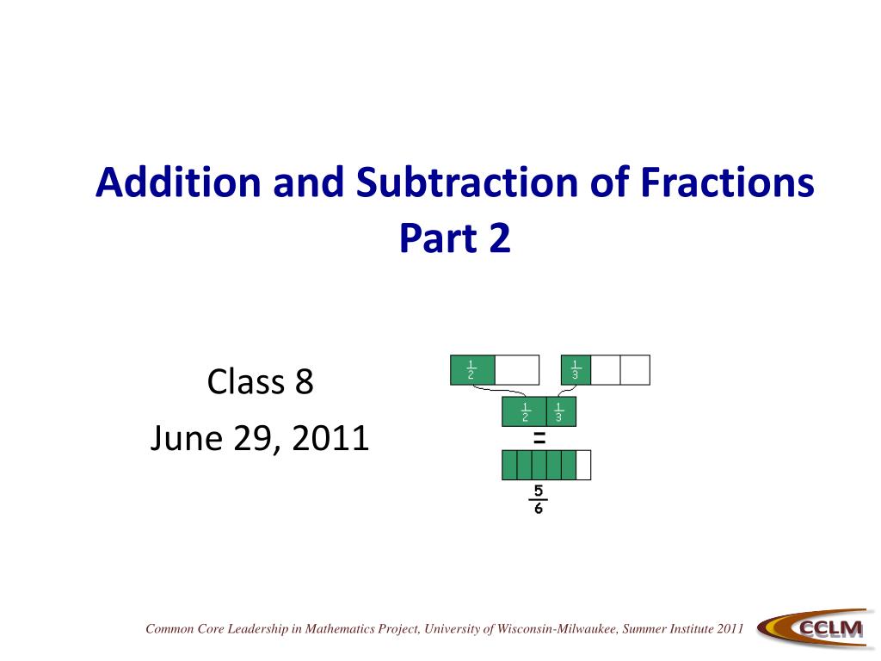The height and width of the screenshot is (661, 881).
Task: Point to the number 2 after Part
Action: coord(499,239)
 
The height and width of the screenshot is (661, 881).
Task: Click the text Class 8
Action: coord(260,381)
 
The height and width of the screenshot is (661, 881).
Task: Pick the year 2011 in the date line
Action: coord(330,439)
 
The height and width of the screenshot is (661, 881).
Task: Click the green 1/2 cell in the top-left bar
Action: coord(472,369)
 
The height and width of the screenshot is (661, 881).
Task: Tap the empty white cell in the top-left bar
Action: coord(517,369)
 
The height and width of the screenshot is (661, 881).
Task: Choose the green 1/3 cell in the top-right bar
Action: coord(576,369)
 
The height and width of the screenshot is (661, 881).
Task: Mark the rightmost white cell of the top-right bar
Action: coord(635,369)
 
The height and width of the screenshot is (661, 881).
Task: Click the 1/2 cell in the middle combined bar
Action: coord(524,412)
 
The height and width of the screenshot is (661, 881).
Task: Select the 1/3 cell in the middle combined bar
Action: coord(560,412)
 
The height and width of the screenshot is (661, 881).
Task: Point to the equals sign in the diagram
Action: coord(539,438)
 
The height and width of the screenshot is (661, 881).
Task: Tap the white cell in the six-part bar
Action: coord(583,465)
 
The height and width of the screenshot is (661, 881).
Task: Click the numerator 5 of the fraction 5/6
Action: coord(539,491)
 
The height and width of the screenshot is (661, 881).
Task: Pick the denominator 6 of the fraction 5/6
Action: coord(539,508)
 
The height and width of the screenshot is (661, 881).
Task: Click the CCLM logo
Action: coord(813,630)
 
